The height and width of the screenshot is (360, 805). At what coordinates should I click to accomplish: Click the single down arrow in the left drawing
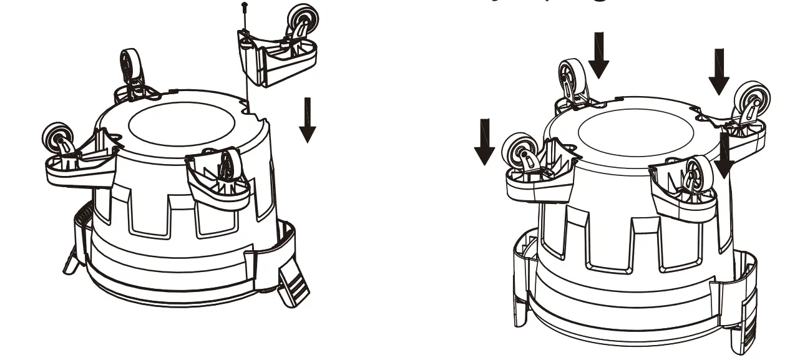pos(307,119)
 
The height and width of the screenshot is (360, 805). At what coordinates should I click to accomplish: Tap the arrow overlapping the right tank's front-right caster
pos(724,155)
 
